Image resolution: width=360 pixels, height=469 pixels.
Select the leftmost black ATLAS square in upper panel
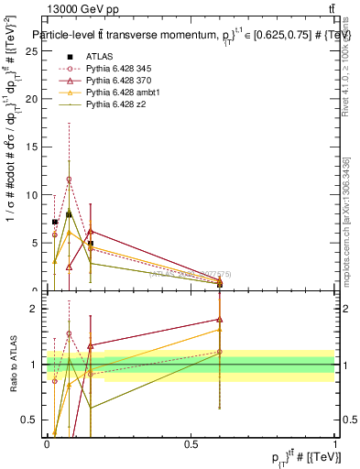coord(55,222)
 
